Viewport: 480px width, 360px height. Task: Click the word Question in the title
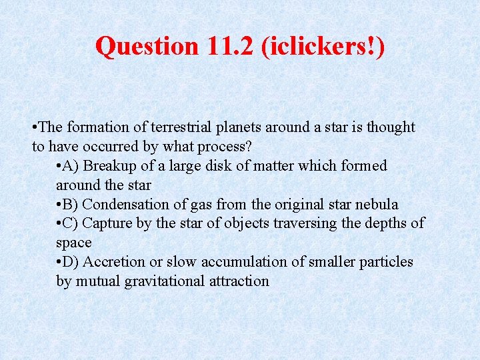click(147, 46)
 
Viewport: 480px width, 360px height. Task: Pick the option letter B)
click(72, 205)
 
